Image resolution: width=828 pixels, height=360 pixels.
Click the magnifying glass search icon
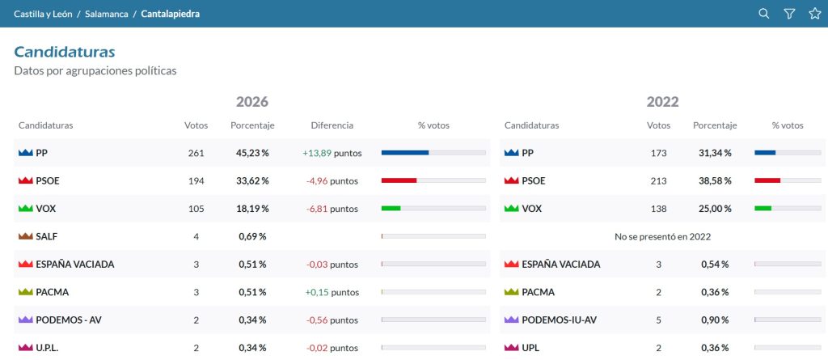pos(763,14)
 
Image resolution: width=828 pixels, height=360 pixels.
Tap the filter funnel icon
pos(789,14)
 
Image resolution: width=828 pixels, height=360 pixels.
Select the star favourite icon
pos(815,14)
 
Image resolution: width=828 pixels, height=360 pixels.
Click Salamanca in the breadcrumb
pos(107,14)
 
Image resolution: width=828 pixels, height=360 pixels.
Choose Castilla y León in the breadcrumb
pos(44,14)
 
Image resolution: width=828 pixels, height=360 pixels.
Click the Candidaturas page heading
pos(65,52)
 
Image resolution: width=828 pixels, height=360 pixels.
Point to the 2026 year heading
pos(252,101)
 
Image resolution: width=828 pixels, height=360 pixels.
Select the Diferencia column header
pos(332,126)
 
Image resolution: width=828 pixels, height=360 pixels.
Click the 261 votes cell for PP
pos(196,154)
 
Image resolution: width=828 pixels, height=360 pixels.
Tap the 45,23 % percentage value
pos(252,154)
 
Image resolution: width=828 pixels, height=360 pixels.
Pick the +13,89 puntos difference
pos(332,154)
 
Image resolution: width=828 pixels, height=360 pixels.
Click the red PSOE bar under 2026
pos(399,180)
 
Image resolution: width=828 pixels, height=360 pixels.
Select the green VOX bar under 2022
pos(763,208)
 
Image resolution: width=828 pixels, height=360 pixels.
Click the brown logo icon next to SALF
pos(25,236)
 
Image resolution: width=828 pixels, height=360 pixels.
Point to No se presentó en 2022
pos(663,236)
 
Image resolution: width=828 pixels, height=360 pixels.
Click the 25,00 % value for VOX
pos(716,209)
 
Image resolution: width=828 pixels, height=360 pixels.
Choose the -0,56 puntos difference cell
pos(332,320)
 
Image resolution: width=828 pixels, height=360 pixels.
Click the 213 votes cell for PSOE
pos(658,180)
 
